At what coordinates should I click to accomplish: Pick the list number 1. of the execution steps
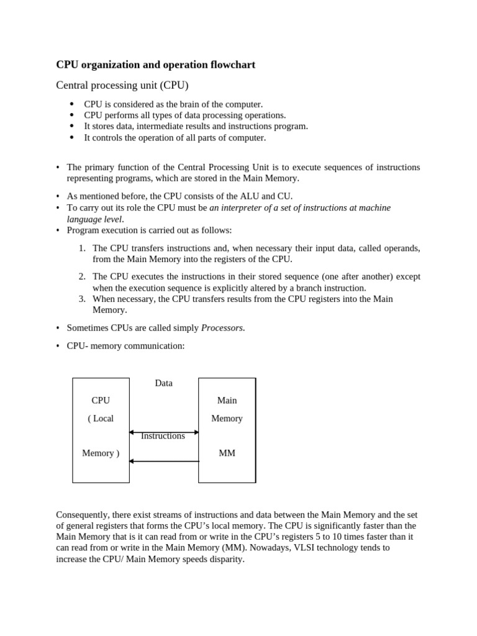[82, 248]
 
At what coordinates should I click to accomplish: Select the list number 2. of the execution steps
[82, 276]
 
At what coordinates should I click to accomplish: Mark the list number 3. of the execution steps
[82, 299]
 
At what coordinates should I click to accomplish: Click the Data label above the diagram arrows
[164, 383]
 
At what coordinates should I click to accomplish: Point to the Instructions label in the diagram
[163, 436]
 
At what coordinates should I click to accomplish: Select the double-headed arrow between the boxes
[164, 432]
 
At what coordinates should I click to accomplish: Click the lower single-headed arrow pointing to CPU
[164, 461]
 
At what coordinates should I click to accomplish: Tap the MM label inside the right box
[227, 453]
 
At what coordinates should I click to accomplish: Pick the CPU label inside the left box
[101, 401]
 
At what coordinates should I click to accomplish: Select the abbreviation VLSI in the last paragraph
[322, 548]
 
